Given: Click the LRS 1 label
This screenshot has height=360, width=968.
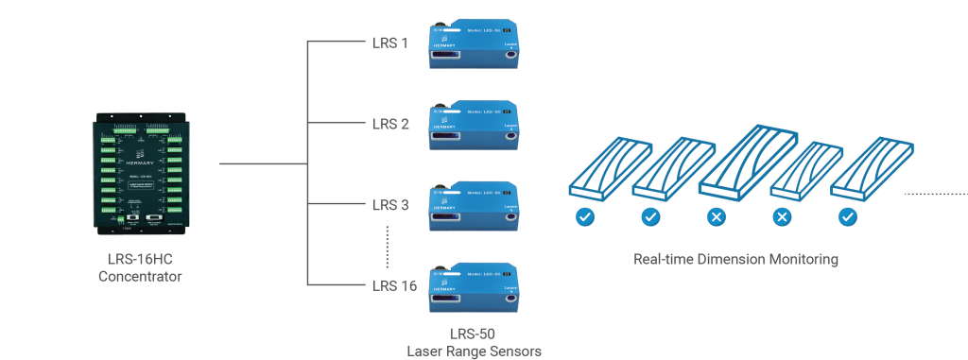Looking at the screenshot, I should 389,43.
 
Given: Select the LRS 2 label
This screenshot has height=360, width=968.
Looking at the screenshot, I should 389,124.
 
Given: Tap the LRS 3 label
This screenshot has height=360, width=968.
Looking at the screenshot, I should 389,204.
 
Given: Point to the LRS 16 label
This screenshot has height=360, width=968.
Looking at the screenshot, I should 393,285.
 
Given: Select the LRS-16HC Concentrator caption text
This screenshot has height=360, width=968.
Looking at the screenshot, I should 139,268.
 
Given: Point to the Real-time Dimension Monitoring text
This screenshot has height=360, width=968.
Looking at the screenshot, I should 736,258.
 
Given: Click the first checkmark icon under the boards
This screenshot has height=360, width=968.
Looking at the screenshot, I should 586,218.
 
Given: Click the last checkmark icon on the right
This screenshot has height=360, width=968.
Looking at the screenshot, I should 847,218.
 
